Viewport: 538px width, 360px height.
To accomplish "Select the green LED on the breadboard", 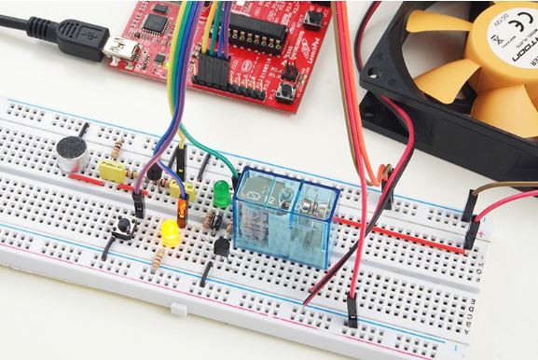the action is point(222,194).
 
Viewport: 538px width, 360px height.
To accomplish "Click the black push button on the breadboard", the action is point(122,226).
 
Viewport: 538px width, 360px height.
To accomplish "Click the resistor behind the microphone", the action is point(117,150).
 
